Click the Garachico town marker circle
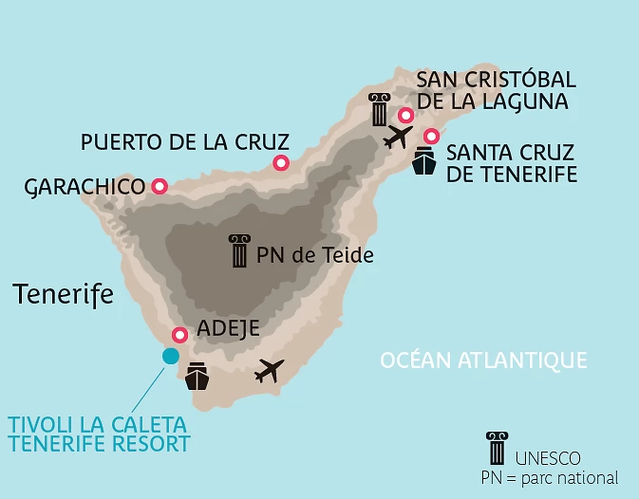pyautogui.click(x=160, y=187)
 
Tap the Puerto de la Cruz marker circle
pyautogui.click(x=281, y=163)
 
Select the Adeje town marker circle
pyautogui.click(x=179, y=335)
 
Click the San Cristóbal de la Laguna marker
pyautogui.click(x=405, y=116)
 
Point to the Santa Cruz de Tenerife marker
pyautogui.click(x=431, y=136)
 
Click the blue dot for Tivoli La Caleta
pyautogui.click(x=170, y=356)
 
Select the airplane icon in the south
pyautogui.click(x=270, y=371)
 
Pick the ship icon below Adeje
pyautogui.click(x=197, y=377)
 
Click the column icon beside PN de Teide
pyautogui.click(x=239, y=251)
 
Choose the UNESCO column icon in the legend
pyautogui.click(x=497, y=448)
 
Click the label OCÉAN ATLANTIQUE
pyautogui.click(x=483, y=360)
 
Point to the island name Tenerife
pyautogui.click(x=64, y=294)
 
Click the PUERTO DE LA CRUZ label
pyautogui.click(x=184, y=142)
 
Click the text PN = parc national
pyautogui.click(x=550, y=477)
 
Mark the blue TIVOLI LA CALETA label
pyautogui.click(x=98, y=434)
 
